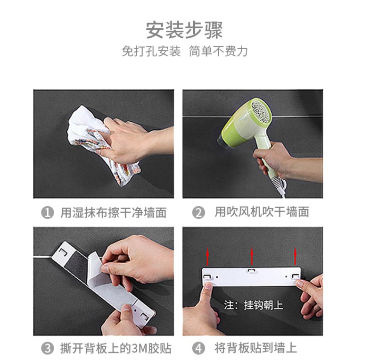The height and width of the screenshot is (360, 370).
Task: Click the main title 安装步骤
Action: (x=184, y=30)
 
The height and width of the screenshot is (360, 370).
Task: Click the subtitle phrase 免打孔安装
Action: (x=151, y=51)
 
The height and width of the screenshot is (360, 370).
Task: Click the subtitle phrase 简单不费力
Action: (x=218, y=51)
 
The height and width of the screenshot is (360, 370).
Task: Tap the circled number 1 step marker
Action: (x=48, y=213)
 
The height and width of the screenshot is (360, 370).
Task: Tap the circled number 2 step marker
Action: (x=198, y=213)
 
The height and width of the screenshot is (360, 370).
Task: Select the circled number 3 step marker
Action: (x=48, y=348)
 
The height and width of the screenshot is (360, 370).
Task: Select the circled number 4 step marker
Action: (x=198, y=348)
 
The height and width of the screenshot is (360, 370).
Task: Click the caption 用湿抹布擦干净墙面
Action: (x=114, y=213)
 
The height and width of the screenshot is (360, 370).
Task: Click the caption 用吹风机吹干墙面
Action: (x=262, y=212)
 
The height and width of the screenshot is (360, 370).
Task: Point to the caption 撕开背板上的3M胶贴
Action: (x=115, y=348)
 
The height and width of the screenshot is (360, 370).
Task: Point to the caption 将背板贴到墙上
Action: (x=255, y=348)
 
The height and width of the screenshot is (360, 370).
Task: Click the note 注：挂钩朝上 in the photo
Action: (x=254, y=305)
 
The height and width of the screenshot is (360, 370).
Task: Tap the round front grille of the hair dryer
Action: (x=261, y=111)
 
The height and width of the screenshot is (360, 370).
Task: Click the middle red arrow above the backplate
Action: (x=252, y=256)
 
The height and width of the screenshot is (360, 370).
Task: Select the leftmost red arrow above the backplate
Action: (x=207, y=256)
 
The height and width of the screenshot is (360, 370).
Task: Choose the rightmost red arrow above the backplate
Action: (x=295, y=256)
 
